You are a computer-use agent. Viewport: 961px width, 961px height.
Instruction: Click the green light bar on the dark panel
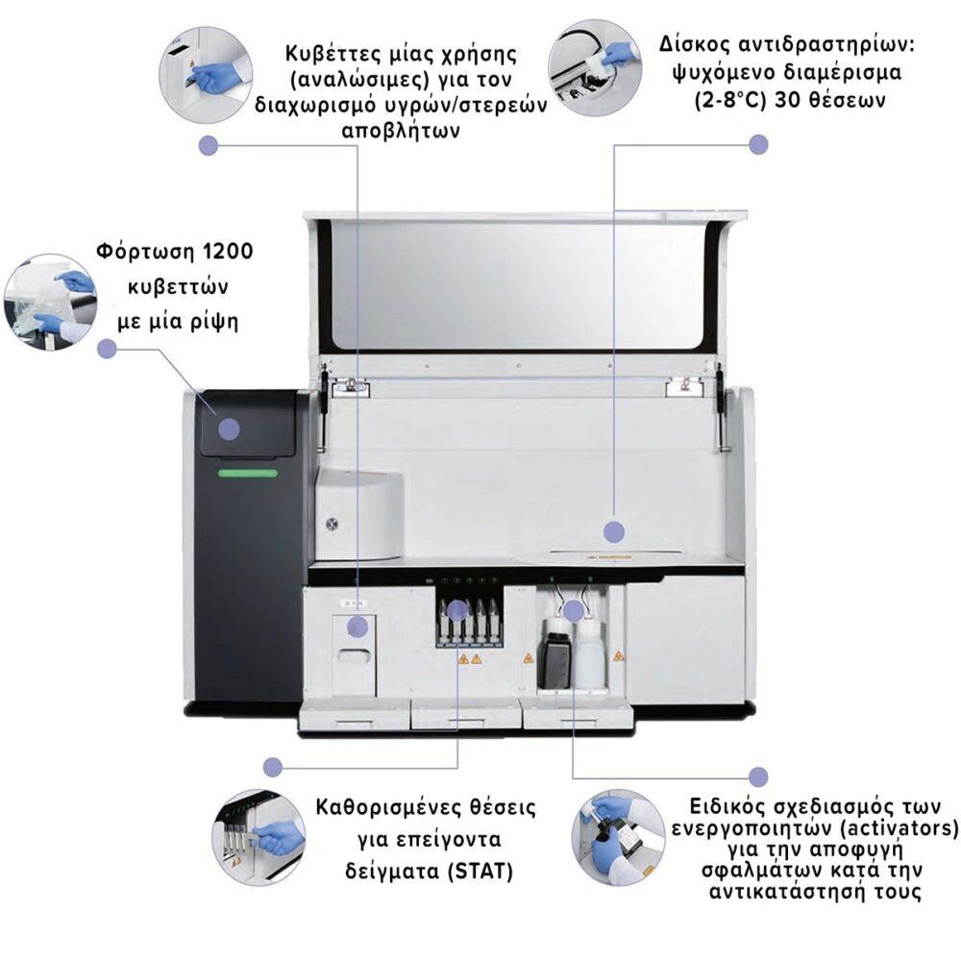coord(247,473)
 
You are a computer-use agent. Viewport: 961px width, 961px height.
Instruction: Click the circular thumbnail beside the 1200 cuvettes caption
coord(50,301)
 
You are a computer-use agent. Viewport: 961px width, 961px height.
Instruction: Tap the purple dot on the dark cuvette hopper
coord(228,429)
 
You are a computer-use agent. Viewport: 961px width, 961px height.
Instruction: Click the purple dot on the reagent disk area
coord(614,531)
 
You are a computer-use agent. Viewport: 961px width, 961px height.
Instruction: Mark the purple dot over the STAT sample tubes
coord(457,609)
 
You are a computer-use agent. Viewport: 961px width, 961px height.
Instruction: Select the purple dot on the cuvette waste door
coord(357,627)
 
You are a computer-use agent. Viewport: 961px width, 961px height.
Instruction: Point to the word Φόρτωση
coord(140,253)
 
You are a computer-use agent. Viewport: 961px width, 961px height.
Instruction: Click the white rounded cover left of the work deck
coord(358,513)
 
